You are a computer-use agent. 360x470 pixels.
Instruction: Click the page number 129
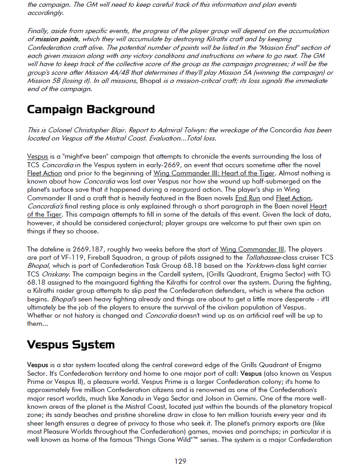180,461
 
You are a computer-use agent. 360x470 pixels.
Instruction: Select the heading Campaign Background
91,110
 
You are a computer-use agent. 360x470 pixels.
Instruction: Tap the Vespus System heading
71,344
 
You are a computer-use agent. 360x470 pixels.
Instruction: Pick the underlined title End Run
248,198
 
